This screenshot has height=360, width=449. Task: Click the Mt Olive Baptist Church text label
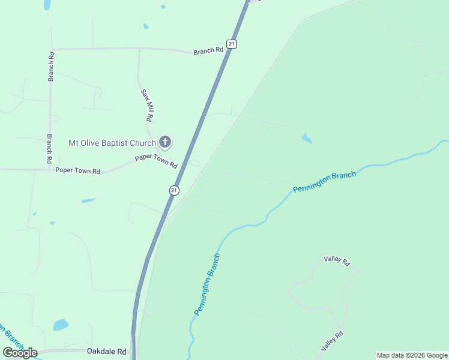112,143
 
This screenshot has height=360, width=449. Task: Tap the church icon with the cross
165,143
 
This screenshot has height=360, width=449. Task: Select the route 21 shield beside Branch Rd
232,44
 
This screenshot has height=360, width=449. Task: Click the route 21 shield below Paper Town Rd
173,190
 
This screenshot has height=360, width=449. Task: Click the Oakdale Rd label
107,351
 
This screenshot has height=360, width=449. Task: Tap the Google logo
20,353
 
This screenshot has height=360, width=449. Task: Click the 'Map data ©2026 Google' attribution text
412,355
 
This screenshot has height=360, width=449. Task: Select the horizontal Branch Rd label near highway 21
208,52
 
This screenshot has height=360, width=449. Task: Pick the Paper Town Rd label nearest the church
156,161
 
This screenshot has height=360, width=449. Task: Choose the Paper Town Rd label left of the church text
77,170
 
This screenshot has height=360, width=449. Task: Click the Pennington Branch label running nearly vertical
207,284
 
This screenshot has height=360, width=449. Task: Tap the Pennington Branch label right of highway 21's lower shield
324,182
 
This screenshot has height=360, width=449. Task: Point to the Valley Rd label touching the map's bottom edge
332,341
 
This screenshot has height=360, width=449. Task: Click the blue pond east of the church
307,139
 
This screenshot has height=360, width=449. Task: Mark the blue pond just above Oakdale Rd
61,325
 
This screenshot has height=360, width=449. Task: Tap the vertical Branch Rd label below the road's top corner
52,66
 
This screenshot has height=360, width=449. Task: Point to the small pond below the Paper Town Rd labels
89,200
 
